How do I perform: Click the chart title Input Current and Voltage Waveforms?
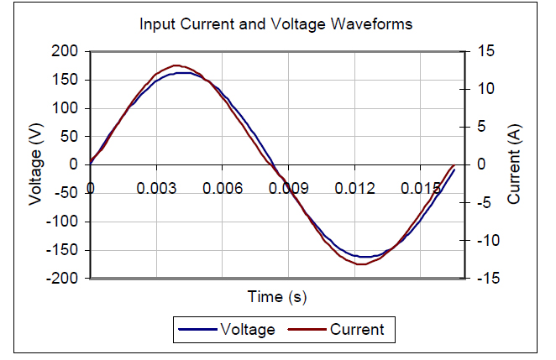pyautogui.click(x=275, y=23)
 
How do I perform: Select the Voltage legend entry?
pyautogui.click(x=247, y=330)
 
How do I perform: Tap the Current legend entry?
pyautogui.click(x=356, y=330)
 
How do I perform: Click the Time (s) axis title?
pyautogui.click(x=276, y=296)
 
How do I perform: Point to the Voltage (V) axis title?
pyautogui.click(x=36, y=164)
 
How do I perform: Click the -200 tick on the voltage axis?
pyautogui.click(x=63, y=279)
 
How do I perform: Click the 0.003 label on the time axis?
pyautogui.click(x=155, y=188)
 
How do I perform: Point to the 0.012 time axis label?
pyautogui.click(x=354, y=188)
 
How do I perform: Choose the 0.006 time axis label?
pyautogui.click(x=222, y=188)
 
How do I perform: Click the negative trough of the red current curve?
pyautogui.click(x=361, y=264)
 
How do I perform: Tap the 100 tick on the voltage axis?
pyautogui.click(x=66, y=108)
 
